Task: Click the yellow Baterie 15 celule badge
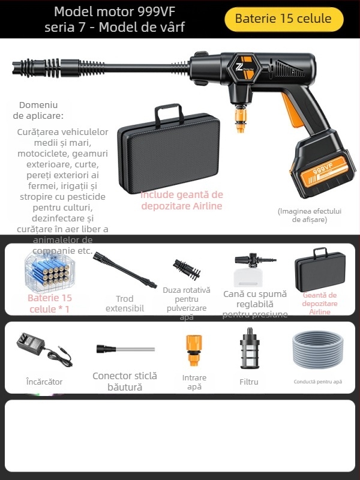(283, 19)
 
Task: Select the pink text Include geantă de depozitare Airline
(182, 200)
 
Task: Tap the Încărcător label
(44, 382)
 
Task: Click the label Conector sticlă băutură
(124, 382)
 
